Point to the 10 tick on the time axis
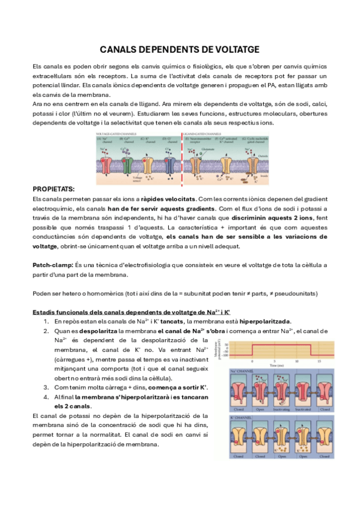pyautogui.click(x=296, y=360)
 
